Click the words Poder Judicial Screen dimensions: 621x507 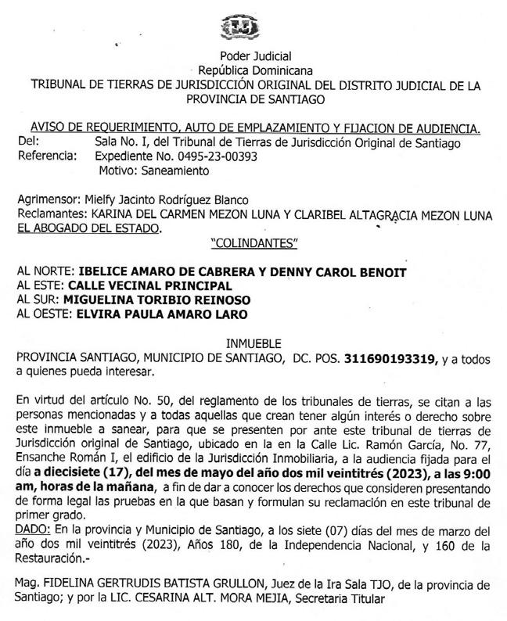tap(255, 56)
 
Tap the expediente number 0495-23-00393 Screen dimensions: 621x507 tap(213, 156)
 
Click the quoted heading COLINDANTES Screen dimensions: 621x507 tap(255, 242)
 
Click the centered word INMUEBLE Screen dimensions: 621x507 tap(255, 343)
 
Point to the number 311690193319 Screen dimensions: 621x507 tap(390, 357)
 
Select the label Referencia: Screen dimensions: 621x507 tap(46, 156)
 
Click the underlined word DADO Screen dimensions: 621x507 tap(31, 529)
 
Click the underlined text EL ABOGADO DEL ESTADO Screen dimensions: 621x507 tap(89, 228)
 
